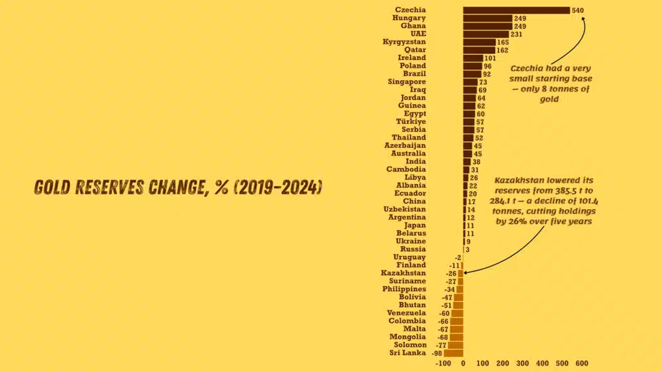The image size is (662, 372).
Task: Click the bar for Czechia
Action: tap(516, 10)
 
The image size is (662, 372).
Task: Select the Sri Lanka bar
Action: tap(454, 353)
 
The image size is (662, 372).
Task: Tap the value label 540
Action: tap(578, 10)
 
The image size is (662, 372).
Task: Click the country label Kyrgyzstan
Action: tap(404, 42)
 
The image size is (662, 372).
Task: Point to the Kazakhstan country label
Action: tap(403, 273)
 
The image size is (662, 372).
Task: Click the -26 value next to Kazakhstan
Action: tap(451, 273)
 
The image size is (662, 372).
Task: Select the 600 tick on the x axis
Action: tap(582, 363)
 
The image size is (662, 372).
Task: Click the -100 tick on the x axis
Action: tap(443, 363)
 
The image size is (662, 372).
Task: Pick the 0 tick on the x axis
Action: tap(463, 363)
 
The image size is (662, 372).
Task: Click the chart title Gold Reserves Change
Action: tap(178, 188)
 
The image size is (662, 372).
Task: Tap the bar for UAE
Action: tap(486, 34)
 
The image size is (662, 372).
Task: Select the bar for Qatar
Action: tap(479, 50)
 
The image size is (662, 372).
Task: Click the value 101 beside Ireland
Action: tap(490, 58)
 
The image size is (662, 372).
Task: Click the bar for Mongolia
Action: tap(456, 337)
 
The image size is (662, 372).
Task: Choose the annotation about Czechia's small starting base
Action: tap(550, 83)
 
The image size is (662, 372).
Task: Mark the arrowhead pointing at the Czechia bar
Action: tap(583, 19)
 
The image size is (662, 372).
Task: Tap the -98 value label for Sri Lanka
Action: tap(437, 353)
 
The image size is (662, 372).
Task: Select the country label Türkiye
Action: tap(411, 121)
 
